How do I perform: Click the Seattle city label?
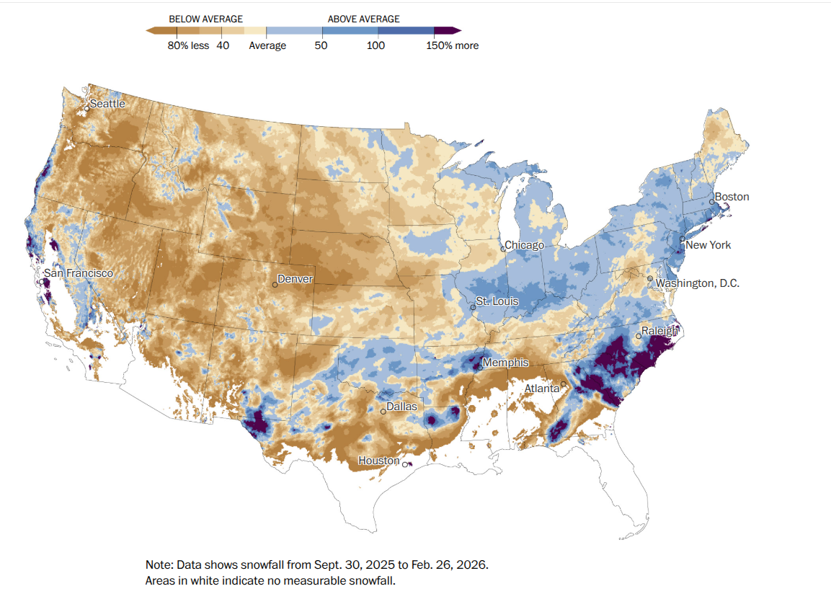(107, 104)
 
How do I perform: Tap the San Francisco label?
(79, 273)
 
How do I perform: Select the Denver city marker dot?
(275, 285)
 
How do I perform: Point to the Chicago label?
(525, 245)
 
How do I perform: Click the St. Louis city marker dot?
(473, 308)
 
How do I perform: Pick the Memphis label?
(505, 363)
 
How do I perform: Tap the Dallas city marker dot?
(383, 412)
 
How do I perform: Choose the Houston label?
(379, 461)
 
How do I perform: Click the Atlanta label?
(541, 389)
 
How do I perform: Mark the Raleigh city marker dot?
(639, 336)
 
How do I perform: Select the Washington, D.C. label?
(697, 283)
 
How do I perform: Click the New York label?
(708, 245)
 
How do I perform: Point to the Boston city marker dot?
(711, 202)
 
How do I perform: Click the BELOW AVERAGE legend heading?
(205, 19)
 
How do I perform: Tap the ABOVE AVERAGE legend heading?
(364, 19)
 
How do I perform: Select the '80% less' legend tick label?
(188, 45)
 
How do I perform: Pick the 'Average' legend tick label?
(267, 45)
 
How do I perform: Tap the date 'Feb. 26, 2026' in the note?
(456, 564)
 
